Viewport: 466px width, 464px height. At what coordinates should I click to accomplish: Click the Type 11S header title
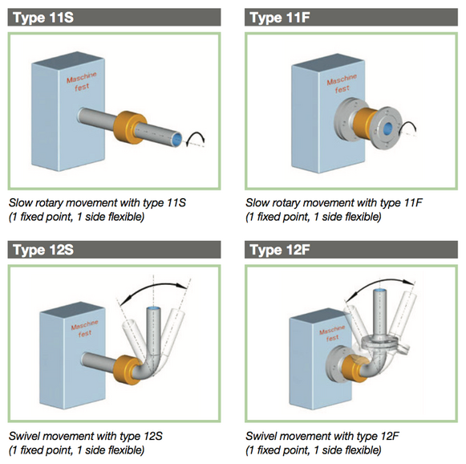[x=43, y=17]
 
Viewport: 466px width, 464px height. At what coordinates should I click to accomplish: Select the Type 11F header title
[x=280, y=17]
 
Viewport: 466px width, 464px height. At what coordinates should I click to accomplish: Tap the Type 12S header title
[x=43, y=250]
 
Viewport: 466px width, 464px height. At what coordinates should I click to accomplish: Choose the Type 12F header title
[x=280, y=250]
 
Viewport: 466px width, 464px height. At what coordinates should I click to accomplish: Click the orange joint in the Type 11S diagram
[x=130, y=128]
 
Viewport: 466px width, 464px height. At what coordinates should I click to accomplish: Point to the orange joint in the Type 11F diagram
[x=365, y=123]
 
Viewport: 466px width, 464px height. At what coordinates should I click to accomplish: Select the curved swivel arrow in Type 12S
[x=152, y=285]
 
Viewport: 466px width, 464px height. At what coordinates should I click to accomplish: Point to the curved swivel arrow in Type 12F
[x=380, y=280]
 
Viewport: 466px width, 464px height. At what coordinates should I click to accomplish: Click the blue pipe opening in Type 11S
[x=177, y=139]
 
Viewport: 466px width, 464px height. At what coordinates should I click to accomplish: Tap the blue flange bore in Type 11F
[x=387, y=128]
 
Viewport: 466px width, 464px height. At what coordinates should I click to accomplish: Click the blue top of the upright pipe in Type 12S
[x=154, y=308]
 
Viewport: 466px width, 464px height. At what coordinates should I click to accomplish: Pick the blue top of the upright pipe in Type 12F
[x=380, y=290]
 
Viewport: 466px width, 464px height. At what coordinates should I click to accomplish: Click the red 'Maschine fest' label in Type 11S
[x=82, y=81]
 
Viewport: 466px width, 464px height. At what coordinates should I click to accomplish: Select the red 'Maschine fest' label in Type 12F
[x=332, y=334]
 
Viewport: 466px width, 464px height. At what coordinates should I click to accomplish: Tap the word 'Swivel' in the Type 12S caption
[x=25, y=436]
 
